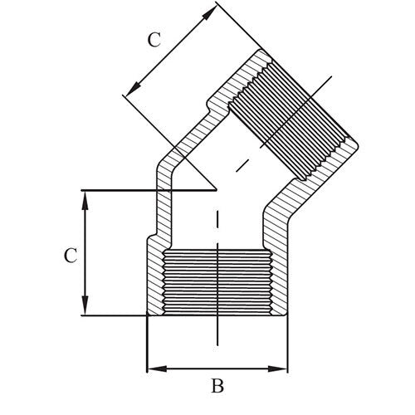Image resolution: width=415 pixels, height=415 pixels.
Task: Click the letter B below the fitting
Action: click(x=217, y=386)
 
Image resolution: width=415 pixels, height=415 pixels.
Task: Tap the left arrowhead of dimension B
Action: click(x=150, y=367)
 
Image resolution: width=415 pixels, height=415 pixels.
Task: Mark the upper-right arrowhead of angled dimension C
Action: click(x=212, y=10)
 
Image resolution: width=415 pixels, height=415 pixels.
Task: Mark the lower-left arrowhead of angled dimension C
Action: click(x=128, y=93)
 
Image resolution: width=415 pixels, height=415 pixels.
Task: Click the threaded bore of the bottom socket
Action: click(x=217, y=282)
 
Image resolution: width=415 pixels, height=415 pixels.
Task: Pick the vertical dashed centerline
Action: click(x=217, y=249)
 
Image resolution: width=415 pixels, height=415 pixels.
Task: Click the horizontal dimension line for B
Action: click(x=217, y=367)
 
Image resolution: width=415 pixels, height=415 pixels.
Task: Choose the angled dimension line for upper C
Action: click(x=170, y=51)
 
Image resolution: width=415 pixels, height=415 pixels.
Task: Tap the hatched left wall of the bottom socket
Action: click(x=155, y=278)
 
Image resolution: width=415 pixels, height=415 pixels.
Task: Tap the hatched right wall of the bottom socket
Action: click(x=279, y=278)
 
